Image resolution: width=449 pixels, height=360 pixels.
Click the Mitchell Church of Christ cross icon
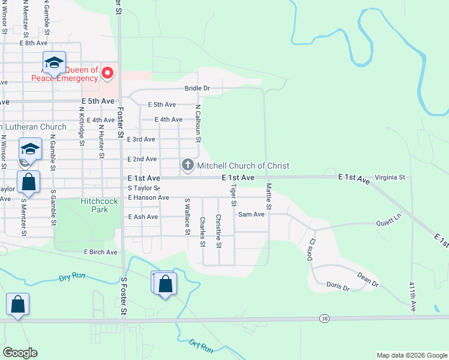pos(187,165)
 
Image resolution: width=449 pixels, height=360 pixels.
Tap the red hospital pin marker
pos(108,73)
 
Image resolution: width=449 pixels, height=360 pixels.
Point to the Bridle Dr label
pos(197,88)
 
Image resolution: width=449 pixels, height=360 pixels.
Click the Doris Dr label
pos(338,287)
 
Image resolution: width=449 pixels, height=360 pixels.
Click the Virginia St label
pos(390,178)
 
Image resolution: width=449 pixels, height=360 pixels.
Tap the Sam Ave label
pos(252,214)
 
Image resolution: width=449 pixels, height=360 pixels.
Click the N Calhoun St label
pos(197,122)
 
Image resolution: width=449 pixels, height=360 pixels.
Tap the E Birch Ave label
pos(100,252)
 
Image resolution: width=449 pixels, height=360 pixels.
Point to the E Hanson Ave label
pos(148,197)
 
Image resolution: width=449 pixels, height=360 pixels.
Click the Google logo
pos(20,353)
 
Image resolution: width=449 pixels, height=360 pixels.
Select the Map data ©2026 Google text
pos(411,355)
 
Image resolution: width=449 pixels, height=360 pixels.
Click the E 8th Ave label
pos(33,43)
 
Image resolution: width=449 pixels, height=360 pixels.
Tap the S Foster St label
pos(124,296)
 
